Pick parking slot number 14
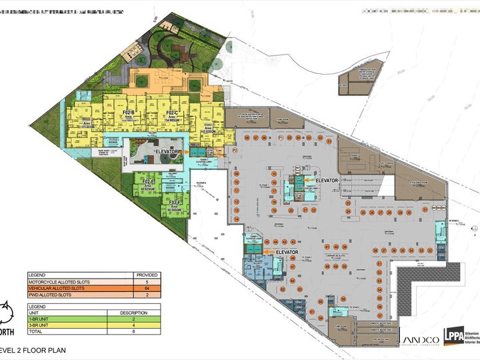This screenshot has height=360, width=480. point(236,209)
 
